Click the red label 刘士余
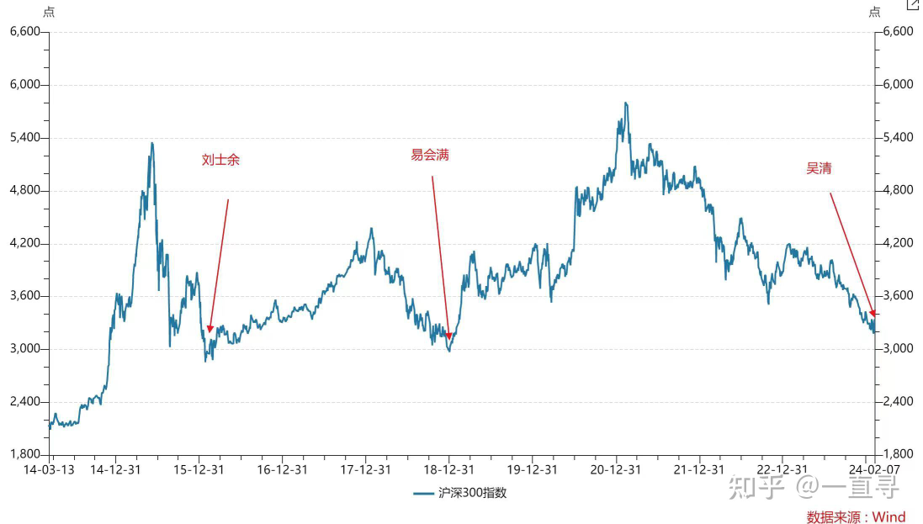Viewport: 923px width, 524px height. pyautogui.click(x=220, y=160)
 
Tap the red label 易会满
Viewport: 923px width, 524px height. pyautogui.click(x=430, y=155)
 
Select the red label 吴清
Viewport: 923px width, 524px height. pyautogui.click(x=819, y=168)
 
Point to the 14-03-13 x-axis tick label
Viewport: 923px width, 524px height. pyautogui.click(x=49, y=469)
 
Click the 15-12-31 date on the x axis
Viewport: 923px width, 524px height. pyautogui.click(x=199, y=469)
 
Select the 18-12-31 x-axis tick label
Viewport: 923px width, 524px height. pyautogui.click(x=448, y=469)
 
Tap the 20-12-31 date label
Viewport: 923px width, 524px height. pyautogui.click(x=616, y=469)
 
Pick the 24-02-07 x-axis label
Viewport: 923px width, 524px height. pyautogui.click(x=874, y=469)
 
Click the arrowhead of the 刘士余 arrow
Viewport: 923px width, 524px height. pyautogui.click(x=210, y=330)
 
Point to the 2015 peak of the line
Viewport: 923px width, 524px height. pyautogui.click(x=151, y=143)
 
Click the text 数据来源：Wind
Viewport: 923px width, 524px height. pyautogui.click(x=856, y=516)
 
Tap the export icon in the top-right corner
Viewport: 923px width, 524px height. pyautogui.click(x=913, y=5)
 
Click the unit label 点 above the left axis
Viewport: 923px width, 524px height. pyautogui.click(x=49, y=12)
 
